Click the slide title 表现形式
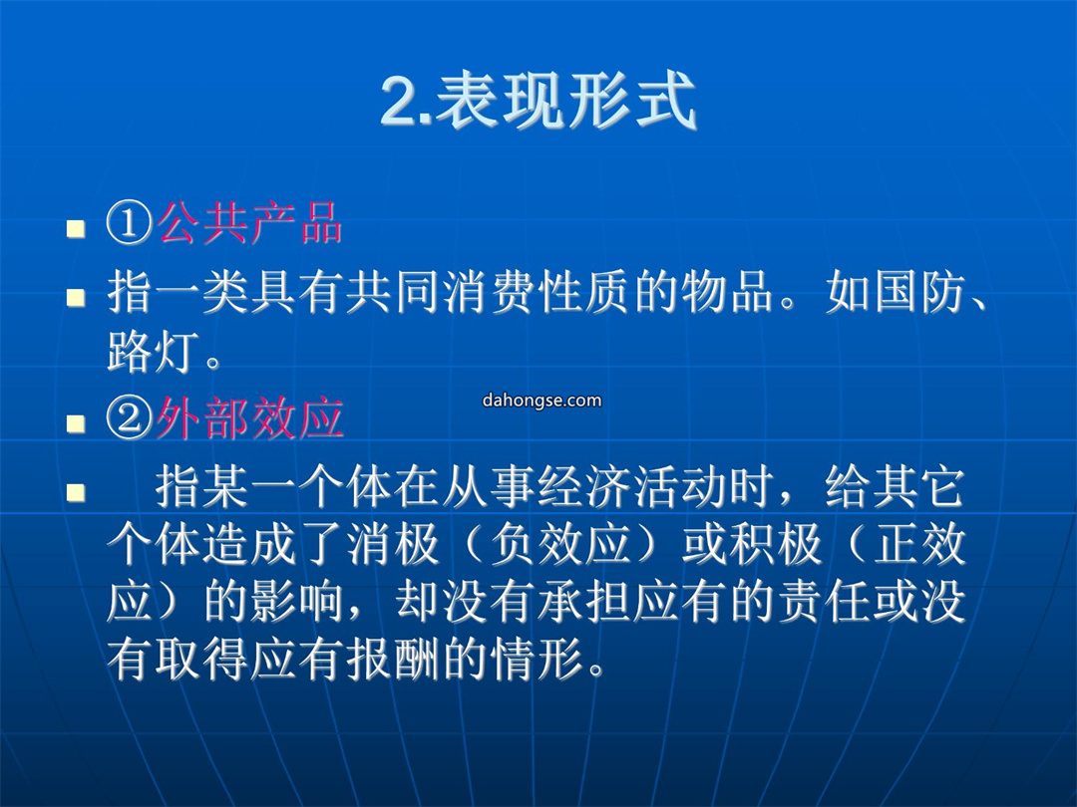[x=566, y=101]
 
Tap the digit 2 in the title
[x=399, y=102]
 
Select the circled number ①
[x=129, y=223]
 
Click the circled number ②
[x=129, y=417]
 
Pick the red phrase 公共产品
[x=249, y=223]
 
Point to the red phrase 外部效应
[x=249, y=417]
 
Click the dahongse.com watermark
[x=541, y=401]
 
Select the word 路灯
[x=154, y=352]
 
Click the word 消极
[x=393, y=544]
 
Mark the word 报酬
[x=393, y=661]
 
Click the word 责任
[x=825, y=603]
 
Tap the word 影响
[x=297, y=603]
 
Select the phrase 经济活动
[x=632, y=486]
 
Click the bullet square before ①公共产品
[x=76, y=228]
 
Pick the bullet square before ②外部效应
[x=76, y=423]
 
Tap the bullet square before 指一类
[x=76, y=297]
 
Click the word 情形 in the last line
[x=538, y=661]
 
